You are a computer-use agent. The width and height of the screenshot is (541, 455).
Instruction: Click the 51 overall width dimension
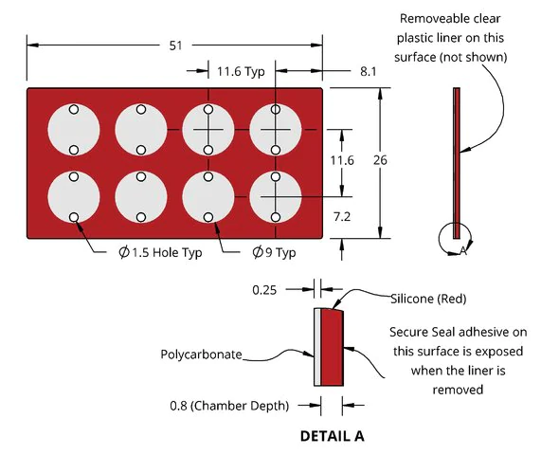click(175, 45)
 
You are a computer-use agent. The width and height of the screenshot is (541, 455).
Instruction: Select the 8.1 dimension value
click(369, 71)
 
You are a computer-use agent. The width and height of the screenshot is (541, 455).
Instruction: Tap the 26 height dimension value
click(380, 160)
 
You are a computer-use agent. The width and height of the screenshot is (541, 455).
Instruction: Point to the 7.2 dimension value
click(342, 217)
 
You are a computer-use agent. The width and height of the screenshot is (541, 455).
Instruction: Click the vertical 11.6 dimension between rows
click(342, 160)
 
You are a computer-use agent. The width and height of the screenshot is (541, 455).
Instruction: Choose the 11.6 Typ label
click(241, 71)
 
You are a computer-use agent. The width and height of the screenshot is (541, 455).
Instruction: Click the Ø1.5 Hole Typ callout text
click(160, 252)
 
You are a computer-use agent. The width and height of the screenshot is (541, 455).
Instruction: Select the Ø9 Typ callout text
click(274, 252)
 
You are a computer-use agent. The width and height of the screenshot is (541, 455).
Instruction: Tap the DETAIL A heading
click(333, 436)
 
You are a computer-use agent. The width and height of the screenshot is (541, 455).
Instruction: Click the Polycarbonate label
click(201, 355)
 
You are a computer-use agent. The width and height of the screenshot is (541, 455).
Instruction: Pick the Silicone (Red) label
click(428, 299)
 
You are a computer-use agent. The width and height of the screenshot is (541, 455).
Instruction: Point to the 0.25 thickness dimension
click(264, 290)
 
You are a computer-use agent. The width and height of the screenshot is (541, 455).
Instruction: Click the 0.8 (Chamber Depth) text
click(229, 406)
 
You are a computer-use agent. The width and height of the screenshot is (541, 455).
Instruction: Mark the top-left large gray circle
click(74, 130)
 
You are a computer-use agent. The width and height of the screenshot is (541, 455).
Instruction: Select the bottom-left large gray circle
click(74, 197)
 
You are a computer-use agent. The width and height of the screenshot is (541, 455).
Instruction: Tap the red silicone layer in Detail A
click(332, 347)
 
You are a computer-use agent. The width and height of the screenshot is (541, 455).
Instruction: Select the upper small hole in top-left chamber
click(74, 109)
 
